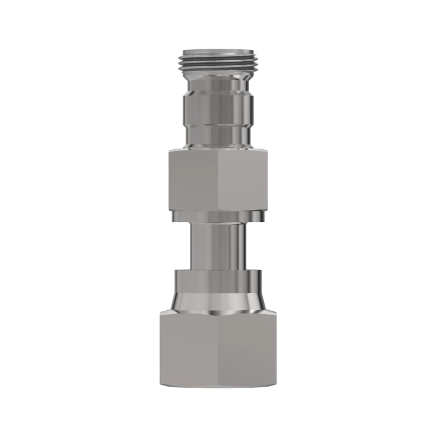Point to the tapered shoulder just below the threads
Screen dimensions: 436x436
click(218, 75)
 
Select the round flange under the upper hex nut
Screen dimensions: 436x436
click(218, 216)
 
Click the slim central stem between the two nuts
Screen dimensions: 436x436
click(218, 245)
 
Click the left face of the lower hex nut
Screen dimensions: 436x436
click(189, 349)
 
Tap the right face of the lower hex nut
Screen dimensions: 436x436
click(247, 349)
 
